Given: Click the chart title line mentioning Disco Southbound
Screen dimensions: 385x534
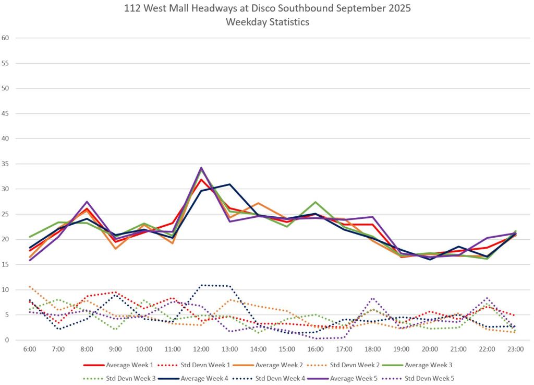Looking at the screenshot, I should [266, 9].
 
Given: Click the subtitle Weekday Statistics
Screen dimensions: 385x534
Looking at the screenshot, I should [267, 22].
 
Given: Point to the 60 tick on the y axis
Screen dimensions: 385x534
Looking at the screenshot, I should [6, 38].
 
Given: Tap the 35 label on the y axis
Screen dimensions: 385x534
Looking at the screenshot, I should [6, 164].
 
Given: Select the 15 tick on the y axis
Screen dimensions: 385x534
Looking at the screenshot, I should [6, 264].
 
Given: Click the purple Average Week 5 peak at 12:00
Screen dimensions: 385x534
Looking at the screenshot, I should [201, 168].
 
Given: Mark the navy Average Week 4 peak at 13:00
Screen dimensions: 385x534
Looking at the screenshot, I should [229, 184].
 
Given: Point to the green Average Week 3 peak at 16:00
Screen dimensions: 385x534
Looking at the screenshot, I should [315, 202].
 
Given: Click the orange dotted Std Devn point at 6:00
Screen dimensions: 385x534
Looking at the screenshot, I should [30, 286].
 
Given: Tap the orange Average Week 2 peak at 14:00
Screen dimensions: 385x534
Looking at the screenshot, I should [258, 203].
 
